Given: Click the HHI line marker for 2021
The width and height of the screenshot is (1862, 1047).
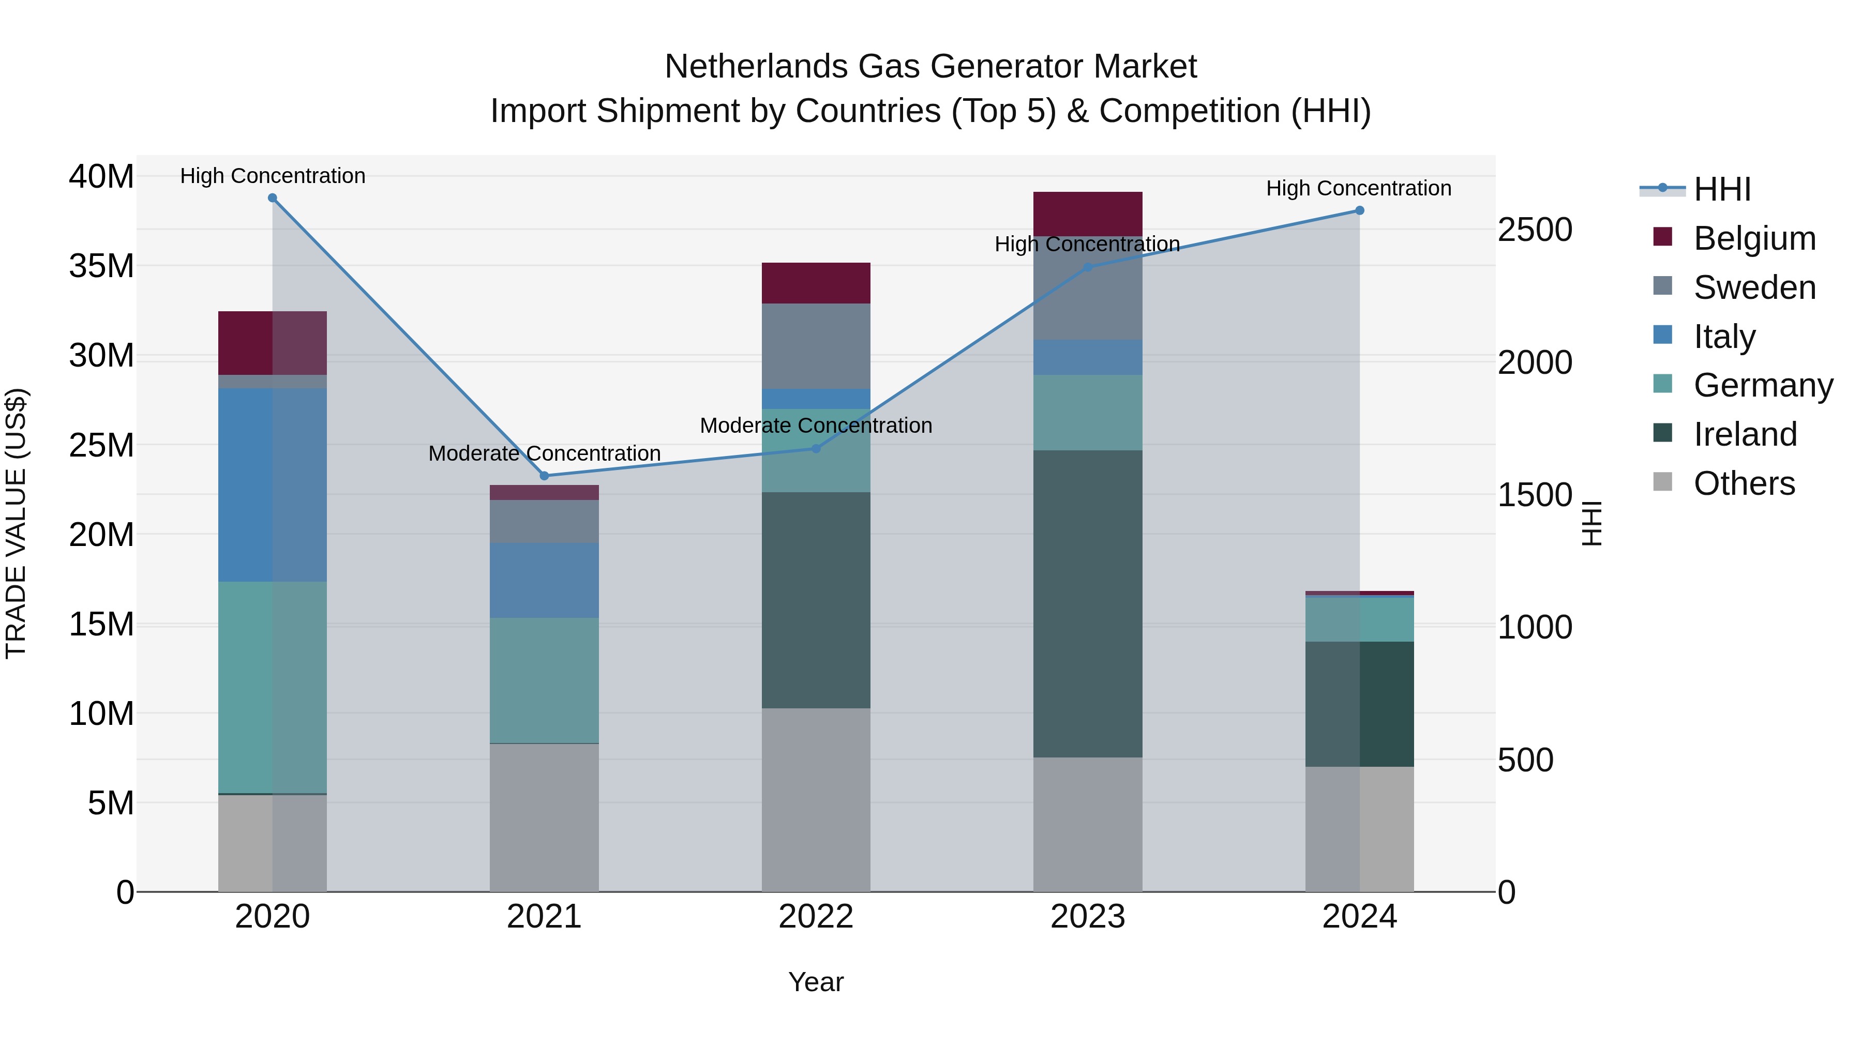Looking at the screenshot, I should [544, 476].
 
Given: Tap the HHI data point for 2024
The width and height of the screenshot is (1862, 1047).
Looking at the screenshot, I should [1359, 210].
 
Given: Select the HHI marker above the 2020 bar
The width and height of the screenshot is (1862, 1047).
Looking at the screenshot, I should [273, 198].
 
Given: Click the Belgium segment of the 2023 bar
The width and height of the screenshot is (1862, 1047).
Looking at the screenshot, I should [1087, 213].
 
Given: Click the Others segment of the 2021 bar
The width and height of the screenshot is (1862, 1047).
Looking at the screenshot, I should [544, 816].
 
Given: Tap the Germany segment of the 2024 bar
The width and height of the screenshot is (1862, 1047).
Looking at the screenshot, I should [1359, 619].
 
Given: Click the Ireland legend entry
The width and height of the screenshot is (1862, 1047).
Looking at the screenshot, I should [1745, 434].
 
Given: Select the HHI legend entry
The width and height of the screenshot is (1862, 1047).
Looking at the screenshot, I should [1722, 189].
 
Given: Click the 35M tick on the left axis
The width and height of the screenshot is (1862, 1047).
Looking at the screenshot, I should [101, 266].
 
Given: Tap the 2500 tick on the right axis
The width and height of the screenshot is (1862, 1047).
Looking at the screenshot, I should [1535, 230].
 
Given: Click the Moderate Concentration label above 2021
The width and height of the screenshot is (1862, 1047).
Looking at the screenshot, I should [544, 453].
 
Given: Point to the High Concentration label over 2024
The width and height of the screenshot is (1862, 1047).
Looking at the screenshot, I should [1358, 188].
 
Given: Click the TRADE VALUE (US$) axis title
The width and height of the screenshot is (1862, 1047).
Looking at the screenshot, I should [16, 523].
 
